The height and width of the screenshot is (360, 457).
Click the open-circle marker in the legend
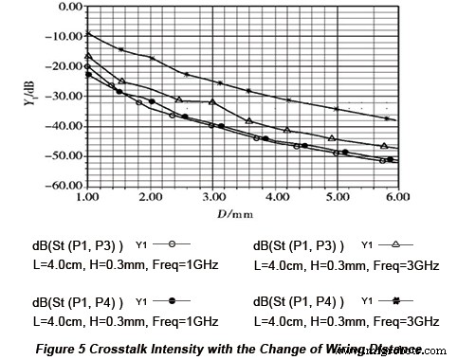click(x=172, y=246)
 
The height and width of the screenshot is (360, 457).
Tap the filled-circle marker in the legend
click(x=172, y=300)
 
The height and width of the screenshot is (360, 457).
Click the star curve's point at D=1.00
click(x=88, y=34)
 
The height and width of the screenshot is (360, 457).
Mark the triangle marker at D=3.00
click(x=212, y=101)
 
